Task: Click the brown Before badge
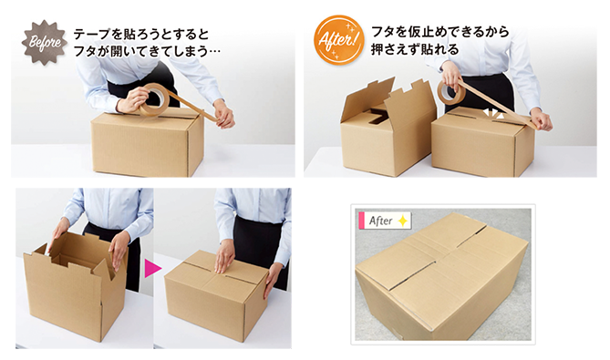[45, 42]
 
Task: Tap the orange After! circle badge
[338, 40]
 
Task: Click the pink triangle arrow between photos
[152, 269]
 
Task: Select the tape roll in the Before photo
[153, 99]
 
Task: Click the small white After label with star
[385, 221]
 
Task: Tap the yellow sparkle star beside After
[403, 221]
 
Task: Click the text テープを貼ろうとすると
[140, 34]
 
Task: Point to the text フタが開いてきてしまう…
[147, 51]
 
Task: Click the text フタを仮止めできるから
[440, 32]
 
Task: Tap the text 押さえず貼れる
[415, 49]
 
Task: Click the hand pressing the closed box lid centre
[224, 256]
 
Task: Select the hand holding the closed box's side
[272, 278]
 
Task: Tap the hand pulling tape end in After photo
[541, 119]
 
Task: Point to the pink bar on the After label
[361, 221]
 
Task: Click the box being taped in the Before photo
[148, 142]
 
